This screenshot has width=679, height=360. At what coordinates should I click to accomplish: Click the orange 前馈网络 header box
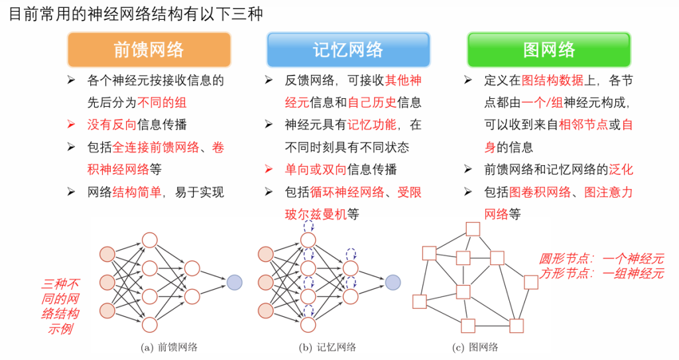(149, 49)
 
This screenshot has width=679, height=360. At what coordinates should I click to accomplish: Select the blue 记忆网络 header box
(347, 49)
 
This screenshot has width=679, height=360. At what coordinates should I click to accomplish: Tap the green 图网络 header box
(549, 49)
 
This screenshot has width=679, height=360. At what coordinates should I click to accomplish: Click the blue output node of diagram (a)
(234, 282)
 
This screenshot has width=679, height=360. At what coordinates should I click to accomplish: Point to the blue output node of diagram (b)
(393, 282)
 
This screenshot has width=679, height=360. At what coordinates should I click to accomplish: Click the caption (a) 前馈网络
(169, 347)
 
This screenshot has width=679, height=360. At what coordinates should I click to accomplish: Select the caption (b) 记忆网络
(328, 347)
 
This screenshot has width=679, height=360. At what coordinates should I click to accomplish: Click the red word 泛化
(621, 169)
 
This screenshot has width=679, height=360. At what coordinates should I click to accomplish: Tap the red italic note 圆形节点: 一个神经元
(601, 259)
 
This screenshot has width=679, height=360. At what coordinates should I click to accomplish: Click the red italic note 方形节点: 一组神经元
(601, 273)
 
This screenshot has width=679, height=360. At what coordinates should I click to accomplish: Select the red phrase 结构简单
(137, 192)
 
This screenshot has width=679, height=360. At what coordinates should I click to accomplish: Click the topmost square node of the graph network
(473, 229)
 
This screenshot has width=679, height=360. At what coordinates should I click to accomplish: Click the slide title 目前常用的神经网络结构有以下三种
(136, 14)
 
